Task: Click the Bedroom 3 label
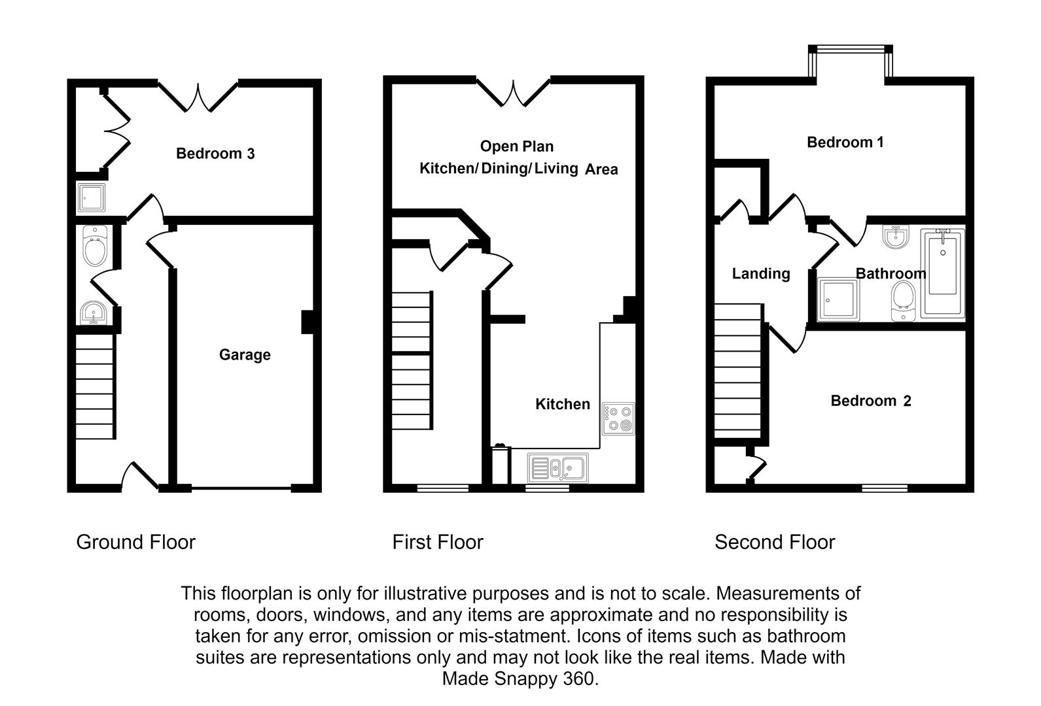click(215, 154)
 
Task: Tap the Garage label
click(245, 354)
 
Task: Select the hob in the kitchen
click(618, 418)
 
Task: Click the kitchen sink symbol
click(558, 468)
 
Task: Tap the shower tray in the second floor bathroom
click(838, 299)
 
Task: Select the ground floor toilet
click(96, 246)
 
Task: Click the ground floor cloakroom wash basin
click(95, 313)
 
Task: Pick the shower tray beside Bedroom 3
click(91, 197)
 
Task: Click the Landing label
click(761, 273)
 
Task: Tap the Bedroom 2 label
click(871, 401)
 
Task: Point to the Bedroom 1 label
click(845, 142)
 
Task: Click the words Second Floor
click(775, 542)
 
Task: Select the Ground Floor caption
click(136, 542)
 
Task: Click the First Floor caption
click(438, 542)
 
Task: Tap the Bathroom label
click(891, 273)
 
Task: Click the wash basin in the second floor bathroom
click(894, 237)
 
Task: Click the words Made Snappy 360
click(520, 679)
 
